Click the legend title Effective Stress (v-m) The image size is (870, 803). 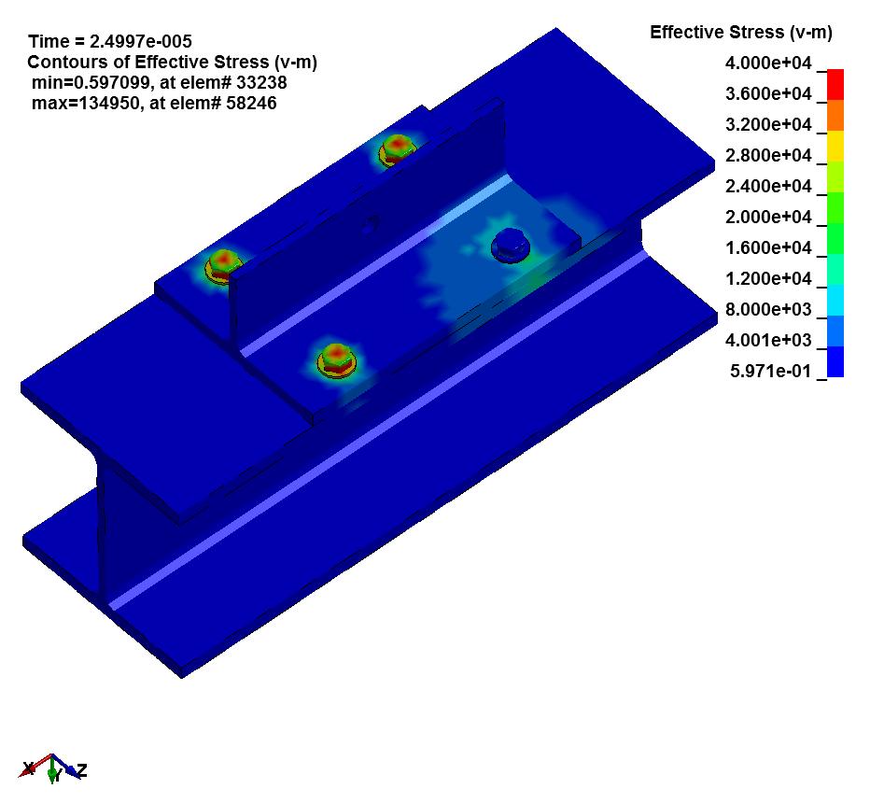740,33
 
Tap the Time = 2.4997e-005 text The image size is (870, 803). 110,41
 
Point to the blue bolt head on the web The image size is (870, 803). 510,244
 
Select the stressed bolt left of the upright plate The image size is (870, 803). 223,264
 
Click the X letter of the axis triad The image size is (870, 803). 29,768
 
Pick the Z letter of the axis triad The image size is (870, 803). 82,770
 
